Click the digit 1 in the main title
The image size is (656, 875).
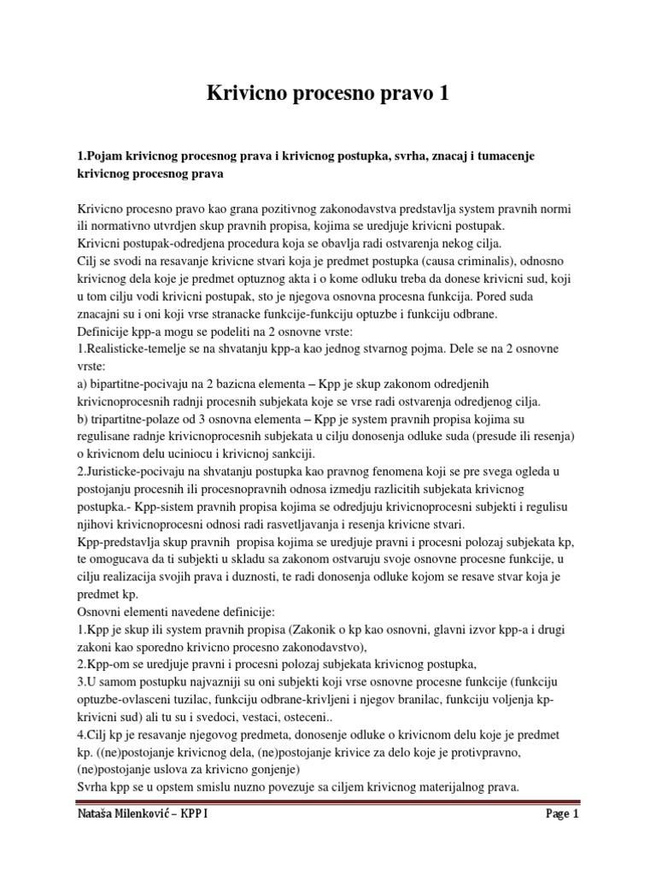tap(441, 95)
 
